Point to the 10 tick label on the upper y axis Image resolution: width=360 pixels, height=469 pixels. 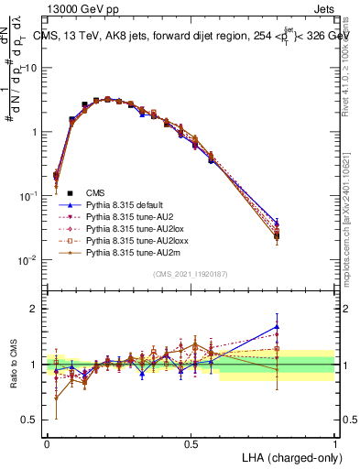(27, 69)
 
